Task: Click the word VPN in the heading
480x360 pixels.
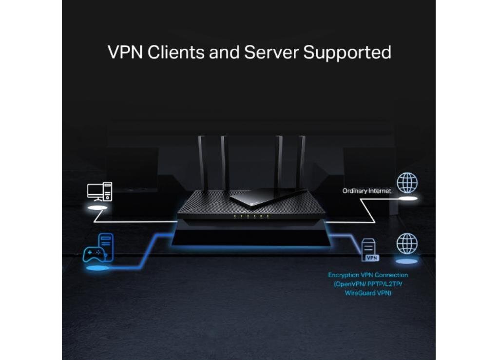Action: (x=125, y=52)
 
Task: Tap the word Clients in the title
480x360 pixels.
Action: (x=176, y=52)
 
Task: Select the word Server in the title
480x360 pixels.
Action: (x=271, y=52)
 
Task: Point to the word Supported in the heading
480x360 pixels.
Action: (x=347, y=53)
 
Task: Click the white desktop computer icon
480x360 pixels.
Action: (x=99, y=192)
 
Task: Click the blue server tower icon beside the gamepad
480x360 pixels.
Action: (x=106, y=247)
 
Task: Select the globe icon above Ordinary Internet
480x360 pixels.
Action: (x=407, y=182)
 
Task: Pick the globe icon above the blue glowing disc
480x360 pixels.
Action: (x=407, y=243)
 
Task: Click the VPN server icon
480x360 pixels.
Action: (x=369, y=250)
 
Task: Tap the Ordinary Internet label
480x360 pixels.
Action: (x=367, y=191)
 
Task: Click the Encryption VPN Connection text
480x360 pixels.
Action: (x=368, y=275)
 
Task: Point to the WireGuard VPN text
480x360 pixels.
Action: (x=368, y=293)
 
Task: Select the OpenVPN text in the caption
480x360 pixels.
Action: (x=349, y=284)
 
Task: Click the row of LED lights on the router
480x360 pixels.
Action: (x=251, y=216)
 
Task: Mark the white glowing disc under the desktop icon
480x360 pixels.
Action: (x=97, y=208)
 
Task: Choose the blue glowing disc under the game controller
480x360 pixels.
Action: (x=97, y=268)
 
